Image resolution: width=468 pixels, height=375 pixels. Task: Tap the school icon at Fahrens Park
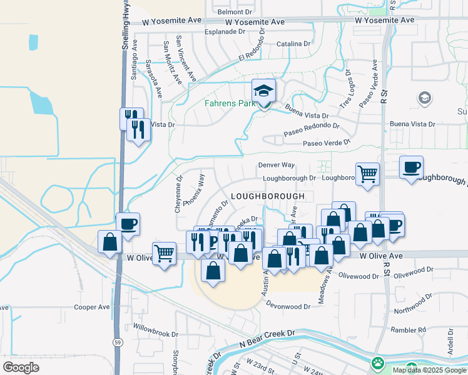click(263, 91)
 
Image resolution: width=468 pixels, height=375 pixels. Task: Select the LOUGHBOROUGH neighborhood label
click(267, 196)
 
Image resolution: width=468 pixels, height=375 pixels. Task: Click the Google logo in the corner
click(21, 367)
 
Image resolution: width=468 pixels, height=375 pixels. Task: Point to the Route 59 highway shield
click(117, 342)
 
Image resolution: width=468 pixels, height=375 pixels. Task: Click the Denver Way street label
click(276, 165)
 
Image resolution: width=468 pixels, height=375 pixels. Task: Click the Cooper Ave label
click(91, 307)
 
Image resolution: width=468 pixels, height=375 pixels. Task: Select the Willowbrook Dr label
click(155, 329)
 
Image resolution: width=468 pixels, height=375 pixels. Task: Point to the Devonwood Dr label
click(288, 306)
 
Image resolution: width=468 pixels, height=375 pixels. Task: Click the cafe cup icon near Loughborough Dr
click(411, 167)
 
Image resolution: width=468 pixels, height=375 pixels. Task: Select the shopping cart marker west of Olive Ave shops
click(164, 253)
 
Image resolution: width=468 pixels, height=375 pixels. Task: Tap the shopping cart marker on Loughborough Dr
click(367, 173)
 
